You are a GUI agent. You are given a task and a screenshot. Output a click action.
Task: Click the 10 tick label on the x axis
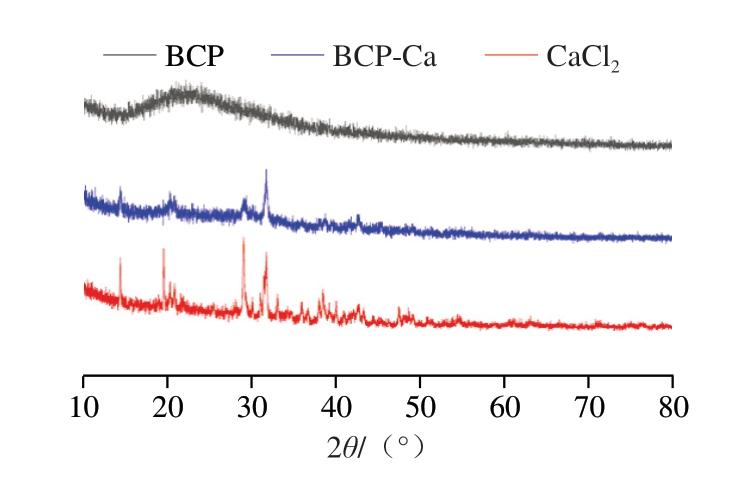point(83,410)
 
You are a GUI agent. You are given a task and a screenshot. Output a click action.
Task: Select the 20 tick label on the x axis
point(167,410)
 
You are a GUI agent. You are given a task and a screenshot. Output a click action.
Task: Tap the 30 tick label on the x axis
point(251,410)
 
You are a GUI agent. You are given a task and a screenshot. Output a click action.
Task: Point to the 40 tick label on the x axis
point(336,410)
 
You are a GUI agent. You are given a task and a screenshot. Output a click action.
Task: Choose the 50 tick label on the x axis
point(420,410)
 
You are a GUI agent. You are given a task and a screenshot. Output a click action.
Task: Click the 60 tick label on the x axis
point(504,410)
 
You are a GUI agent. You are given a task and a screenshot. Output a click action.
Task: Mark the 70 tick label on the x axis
point(588,410)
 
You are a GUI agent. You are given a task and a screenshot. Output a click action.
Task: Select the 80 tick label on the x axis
point(672,410)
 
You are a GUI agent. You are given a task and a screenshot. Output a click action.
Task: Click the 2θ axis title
point(376,447)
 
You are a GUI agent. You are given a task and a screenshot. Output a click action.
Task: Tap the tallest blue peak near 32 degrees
point(266,172)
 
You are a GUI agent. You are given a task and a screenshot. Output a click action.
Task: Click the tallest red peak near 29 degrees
point(243,240)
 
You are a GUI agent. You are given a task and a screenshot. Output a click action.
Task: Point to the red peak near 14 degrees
point(120,259)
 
